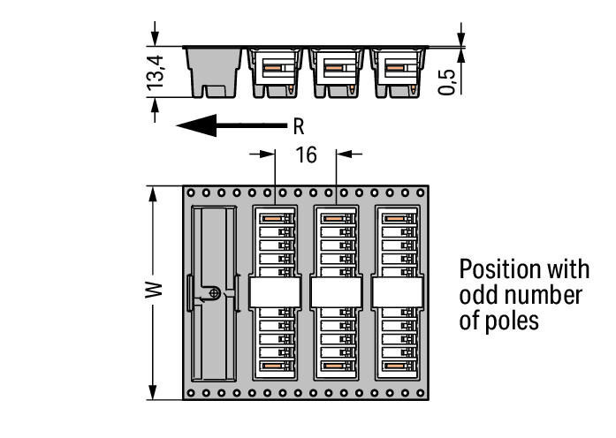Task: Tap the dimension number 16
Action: click(x=306, y=155)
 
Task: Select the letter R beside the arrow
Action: click(x=298, y=126)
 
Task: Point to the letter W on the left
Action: click(x=154, y=291)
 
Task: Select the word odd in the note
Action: click(x=477, y=294)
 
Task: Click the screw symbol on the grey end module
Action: click(x=214, y=292)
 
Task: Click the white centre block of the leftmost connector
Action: click(x=275, y=291)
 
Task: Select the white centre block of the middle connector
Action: click(x=336, y=291)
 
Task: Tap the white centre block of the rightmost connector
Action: click(x=397, y=291)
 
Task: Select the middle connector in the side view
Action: click(x=337, y=72)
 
